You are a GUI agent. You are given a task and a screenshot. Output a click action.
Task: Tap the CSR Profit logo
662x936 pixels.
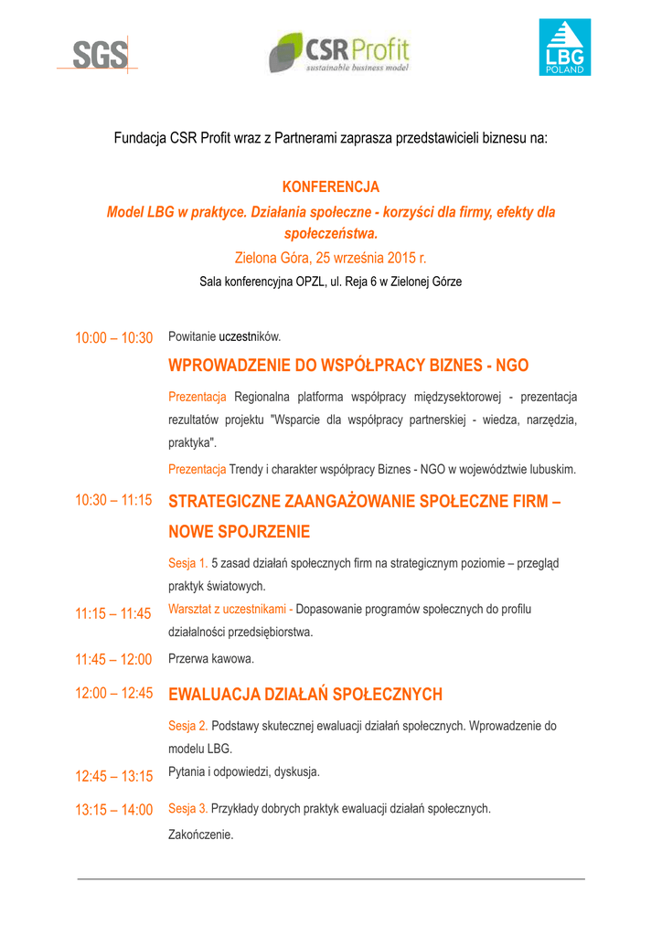tap(339, 52)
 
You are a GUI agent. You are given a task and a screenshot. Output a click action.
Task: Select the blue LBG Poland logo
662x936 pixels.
tap(564, 47)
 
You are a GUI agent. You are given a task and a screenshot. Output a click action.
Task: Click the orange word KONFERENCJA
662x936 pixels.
tap(331, 187)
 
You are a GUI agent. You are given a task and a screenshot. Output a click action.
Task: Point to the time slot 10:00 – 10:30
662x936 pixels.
tap(113, 338)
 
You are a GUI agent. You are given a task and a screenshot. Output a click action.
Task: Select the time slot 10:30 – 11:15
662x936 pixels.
tap(113, 500)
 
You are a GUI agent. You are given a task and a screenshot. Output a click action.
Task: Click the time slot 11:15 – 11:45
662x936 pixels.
tap(113, 614)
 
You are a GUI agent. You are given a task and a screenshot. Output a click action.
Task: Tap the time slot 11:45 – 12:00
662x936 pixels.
tap(113, 659)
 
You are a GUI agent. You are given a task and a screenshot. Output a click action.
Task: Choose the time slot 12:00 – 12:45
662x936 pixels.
tap(113, 693)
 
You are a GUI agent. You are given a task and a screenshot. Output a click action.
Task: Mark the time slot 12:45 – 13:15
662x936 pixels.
tap(113, 776)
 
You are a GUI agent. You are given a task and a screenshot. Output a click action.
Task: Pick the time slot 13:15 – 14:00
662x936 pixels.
tap(113, 810)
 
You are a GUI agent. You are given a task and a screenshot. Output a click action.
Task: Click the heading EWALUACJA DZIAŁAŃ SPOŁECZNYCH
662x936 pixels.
tap(305, 695)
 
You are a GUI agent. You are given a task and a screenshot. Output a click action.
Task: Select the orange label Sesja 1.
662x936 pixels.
tap(188, 563)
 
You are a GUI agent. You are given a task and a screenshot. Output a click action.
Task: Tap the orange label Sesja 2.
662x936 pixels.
tap(188, 726)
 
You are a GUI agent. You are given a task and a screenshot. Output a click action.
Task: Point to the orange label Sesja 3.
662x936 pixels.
tap(188, 809)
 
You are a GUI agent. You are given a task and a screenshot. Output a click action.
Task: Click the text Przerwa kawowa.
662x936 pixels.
tap(211, 658)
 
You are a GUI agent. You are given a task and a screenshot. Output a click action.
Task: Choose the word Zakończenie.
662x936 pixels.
tap(201, 835)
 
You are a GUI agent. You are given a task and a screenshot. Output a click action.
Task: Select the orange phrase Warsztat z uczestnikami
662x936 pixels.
tap(228, 609)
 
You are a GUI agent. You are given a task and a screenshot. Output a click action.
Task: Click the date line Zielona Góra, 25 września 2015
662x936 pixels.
tap(330, 258)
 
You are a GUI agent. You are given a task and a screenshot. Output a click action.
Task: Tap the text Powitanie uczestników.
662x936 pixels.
tap(224, 336)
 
